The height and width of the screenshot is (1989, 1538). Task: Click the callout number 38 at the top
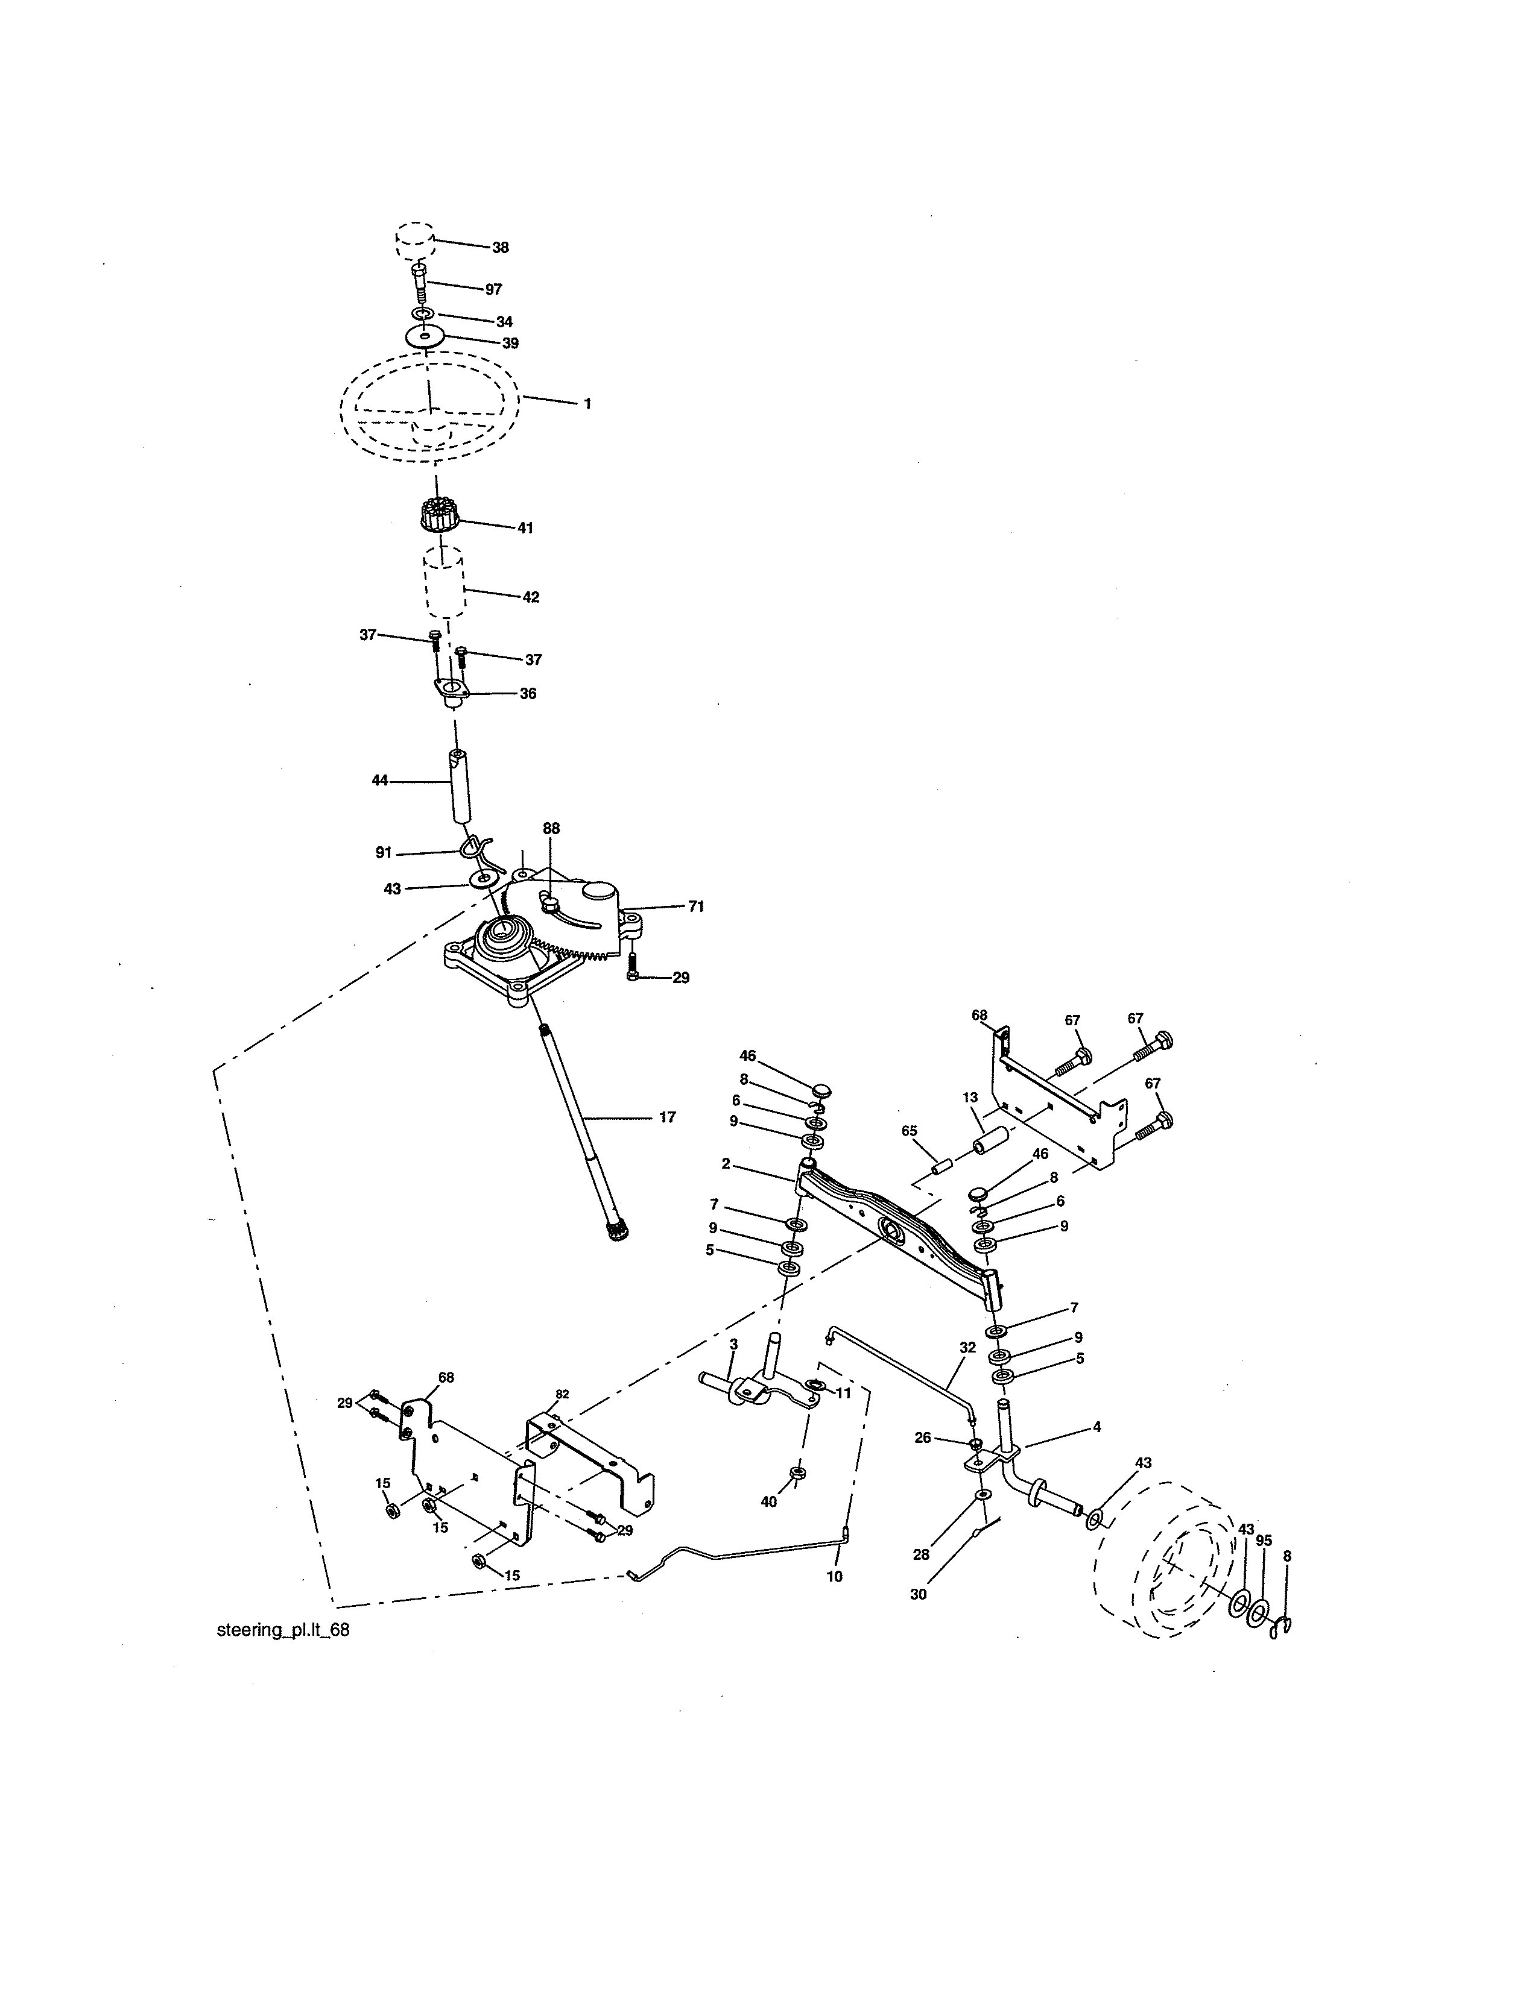click(499, 248)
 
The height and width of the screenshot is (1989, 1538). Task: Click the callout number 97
click(493, 289)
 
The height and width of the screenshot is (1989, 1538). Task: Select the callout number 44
click(380, 781)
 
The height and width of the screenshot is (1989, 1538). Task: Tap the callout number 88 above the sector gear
click(551, 829)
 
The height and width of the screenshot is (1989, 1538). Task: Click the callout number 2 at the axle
click(725, 1164)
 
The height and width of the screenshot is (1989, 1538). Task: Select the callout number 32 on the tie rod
click(967, 1347)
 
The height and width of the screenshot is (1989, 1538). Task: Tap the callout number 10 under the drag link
click(835, 1576)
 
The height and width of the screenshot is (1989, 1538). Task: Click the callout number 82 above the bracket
click(562, 1394)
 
